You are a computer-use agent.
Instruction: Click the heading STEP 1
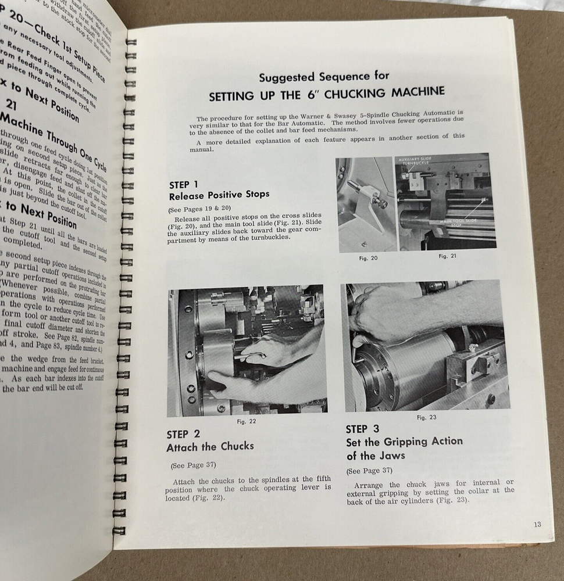pyautogui.click(x=183, y=185)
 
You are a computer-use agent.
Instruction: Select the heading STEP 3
pyautogui.click(x=362, y=429)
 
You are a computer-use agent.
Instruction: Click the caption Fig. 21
pyautogui.click(x=447, y=256)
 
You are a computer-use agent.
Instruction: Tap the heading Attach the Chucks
pyautogui.click(x=210, y=447)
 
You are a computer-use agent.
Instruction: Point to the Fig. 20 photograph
pyautogui.click(x=366, y=205)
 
